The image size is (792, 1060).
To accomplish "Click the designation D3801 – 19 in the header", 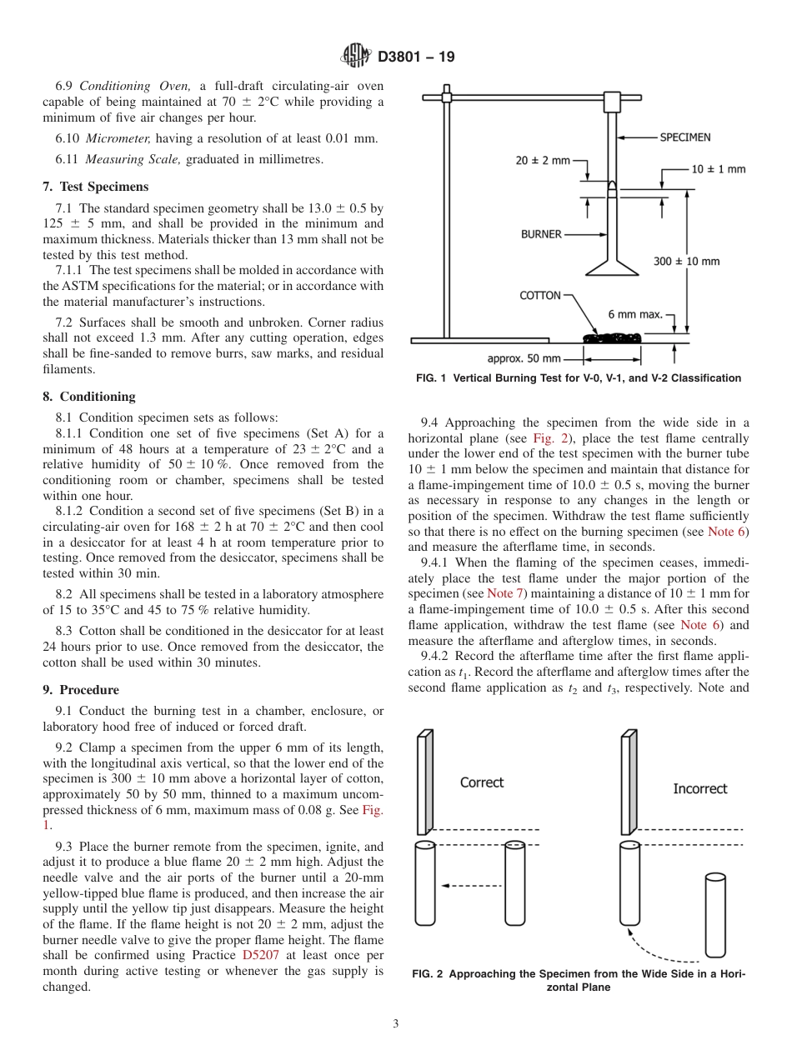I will pos(416,57).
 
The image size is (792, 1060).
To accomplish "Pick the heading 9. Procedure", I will pos(81,690).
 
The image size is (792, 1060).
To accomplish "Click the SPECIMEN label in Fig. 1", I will pos(685,137).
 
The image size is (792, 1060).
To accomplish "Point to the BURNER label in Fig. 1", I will pos(541,234).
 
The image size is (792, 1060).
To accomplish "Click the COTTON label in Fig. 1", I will pos(540,295).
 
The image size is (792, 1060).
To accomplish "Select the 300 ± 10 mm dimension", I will pos(687,261).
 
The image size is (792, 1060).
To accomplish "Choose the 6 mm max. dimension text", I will pos(635,314).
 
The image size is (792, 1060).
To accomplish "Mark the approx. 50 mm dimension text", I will pos(524,358).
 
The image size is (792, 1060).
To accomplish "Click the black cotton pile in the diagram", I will pos(612,337).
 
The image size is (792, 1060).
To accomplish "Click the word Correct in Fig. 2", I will pos(482,782).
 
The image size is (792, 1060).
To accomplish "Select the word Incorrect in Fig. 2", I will pos(699,788).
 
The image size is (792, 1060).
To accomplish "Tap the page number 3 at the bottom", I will pos(396,1024).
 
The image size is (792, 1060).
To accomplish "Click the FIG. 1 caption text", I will pos(578,378).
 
